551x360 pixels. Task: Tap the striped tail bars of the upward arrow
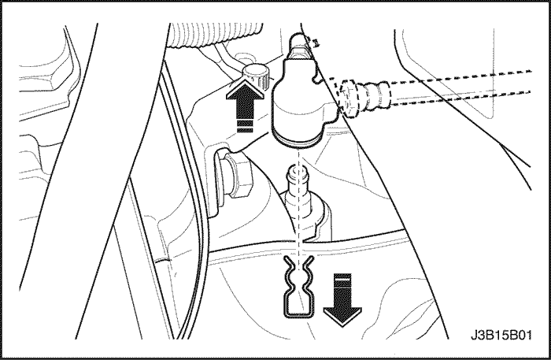pos(245,125)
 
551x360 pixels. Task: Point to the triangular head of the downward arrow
pos(342,317)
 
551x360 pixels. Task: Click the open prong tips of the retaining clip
pos(298,262)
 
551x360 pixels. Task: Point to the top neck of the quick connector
pos(298,46)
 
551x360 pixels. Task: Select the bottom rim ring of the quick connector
pos(298,140)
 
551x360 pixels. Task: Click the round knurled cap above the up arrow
pos(254,76)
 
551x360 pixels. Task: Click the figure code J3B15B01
pos(501,335)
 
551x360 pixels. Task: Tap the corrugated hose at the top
pos(215,35)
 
